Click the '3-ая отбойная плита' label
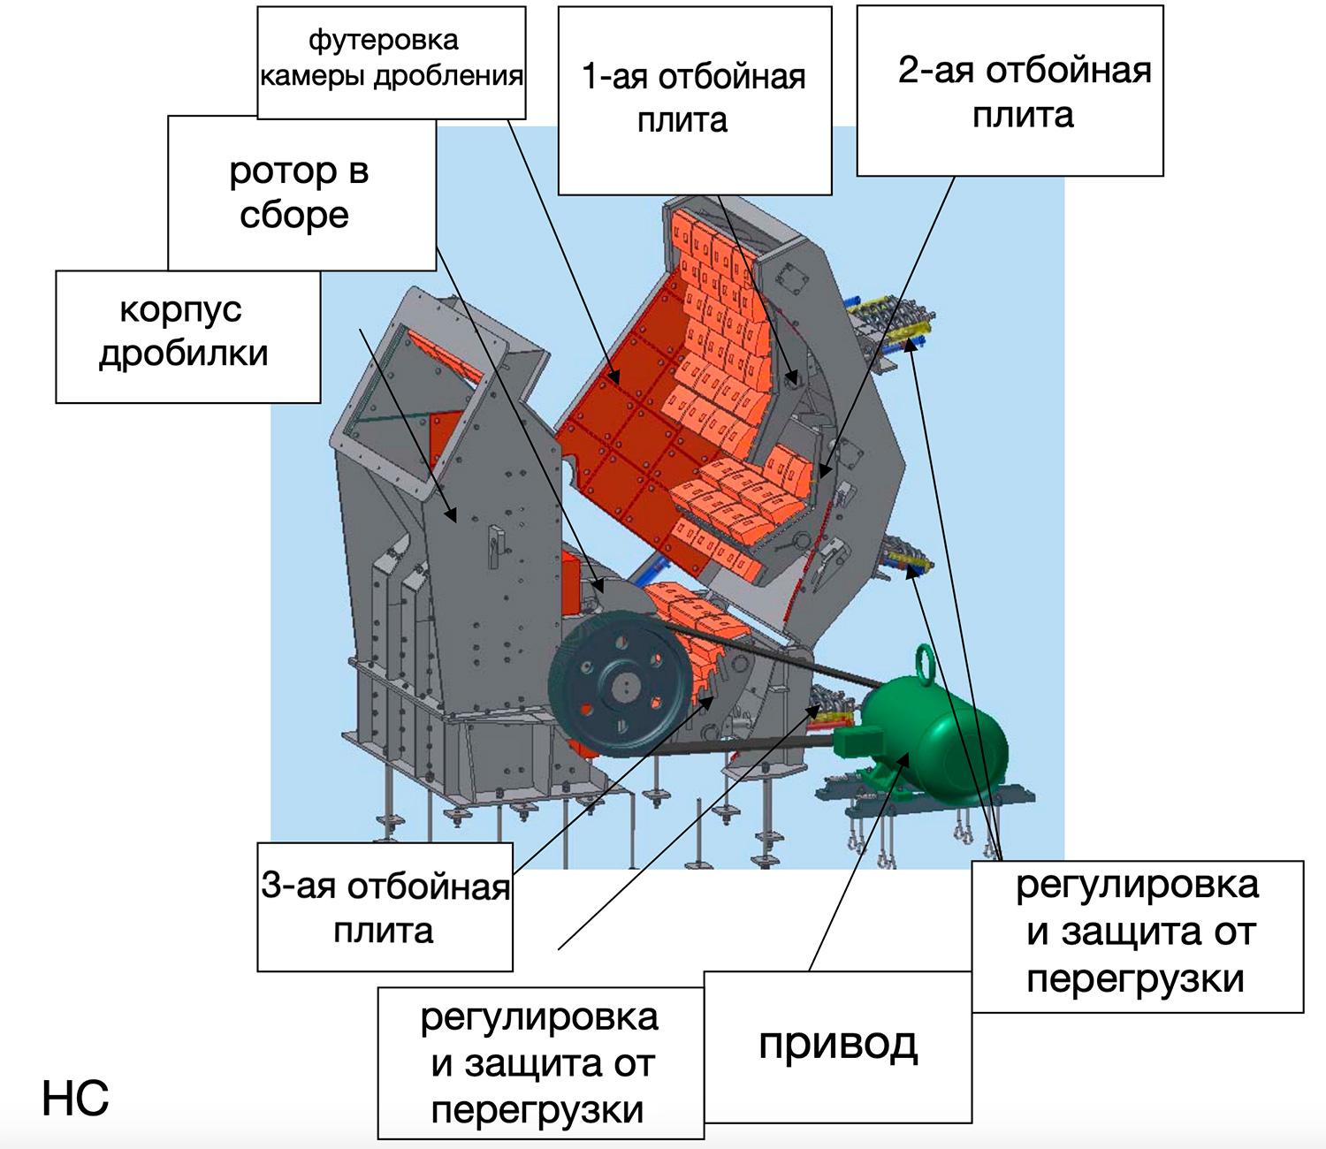click(x=385, y=907)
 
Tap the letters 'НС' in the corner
click(x=75, y=1099)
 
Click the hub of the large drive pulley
click(x=621, y=689)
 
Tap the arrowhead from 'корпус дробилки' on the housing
click(x=452, y=514)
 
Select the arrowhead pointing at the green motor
click(x=903, y=759)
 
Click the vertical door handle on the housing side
click(x=495, y=547)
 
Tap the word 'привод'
click(x=838, y=1046)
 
